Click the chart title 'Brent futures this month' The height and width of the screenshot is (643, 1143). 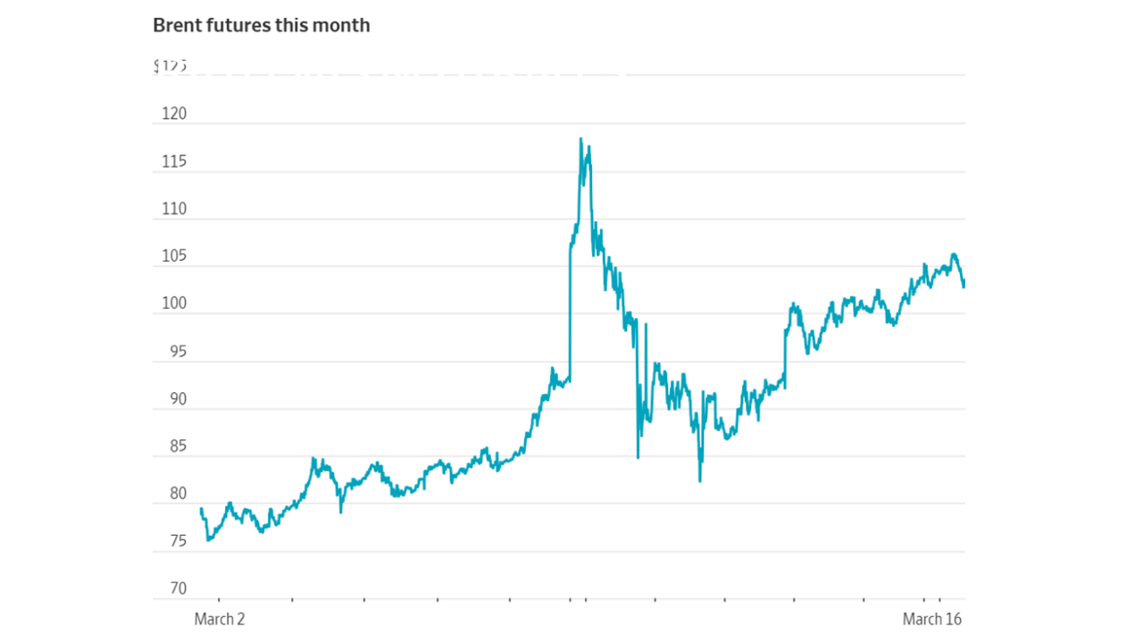[261, 25]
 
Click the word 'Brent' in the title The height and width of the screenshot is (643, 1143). [179, 25]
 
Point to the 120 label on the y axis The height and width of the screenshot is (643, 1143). [173, 114]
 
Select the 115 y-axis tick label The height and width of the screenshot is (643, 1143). [173, 162]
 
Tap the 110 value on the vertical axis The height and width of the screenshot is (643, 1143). [173, 209]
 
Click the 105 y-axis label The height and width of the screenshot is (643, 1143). [173, 256]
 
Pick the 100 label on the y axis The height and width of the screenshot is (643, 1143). [173, 304]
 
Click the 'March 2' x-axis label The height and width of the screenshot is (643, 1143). [220, 619]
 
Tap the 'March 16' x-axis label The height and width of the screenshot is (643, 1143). [932, 619]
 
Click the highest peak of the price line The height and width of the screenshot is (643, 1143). [580, 138]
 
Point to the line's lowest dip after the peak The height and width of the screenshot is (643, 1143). [700, 481]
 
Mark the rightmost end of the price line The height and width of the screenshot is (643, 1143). [964, 283]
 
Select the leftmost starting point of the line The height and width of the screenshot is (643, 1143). [201, 509]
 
